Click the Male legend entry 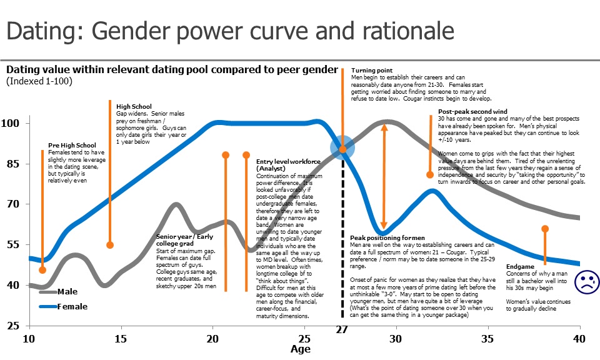pos(67,292)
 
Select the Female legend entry pos(72,306)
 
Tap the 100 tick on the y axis pos(12,123)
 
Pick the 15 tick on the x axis pos(121,339)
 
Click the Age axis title pos(301,349)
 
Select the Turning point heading pos(372,71)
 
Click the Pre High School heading pos(72,146)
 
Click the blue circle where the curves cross pos(342,147)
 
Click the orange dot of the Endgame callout pos(545,229)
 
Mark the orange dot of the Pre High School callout pos(42,269)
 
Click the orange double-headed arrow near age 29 pos(384,176)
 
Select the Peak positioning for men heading pos(387,238)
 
